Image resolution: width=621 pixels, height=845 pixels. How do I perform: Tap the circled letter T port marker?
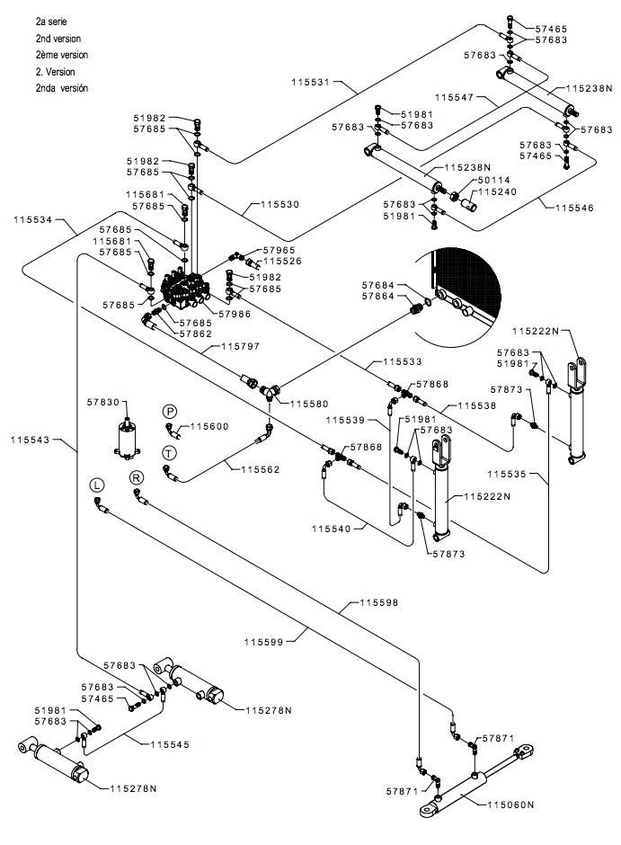(x=169, y=453)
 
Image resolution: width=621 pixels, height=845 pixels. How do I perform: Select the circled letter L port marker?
(x=97, y=485)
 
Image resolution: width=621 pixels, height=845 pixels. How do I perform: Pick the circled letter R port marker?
(x=137, y=477)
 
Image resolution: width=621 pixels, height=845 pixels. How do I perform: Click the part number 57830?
(x=103, y=402)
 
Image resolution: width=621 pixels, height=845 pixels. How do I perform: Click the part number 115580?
(x=309, y=404)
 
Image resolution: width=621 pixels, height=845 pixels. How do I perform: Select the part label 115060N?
(x=510, y=805)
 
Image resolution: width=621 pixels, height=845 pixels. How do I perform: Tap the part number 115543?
(x=30, y=440)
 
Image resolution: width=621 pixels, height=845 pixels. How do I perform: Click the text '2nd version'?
(x=58, y=39)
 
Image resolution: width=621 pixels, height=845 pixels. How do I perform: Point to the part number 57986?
(x=235, y=314)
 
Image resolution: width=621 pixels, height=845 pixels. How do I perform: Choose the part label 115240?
(x=497, y=191)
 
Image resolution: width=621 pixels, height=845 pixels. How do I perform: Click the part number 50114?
(x=494, y=180)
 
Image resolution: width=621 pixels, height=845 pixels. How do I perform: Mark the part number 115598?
(x=379, y=602)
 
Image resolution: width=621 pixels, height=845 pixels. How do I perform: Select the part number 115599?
(x=263, y=642)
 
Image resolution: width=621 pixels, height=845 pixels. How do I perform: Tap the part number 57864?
(x=378, y=297)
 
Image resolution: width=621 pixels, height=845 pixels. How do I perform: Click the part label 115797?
(x=241, y=346)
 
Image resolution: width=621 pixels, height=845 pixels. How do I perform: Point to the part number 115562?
(x=261, y=469)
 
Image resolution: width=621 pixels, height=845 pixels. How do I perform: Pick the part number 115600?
(x=210, y=426)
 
